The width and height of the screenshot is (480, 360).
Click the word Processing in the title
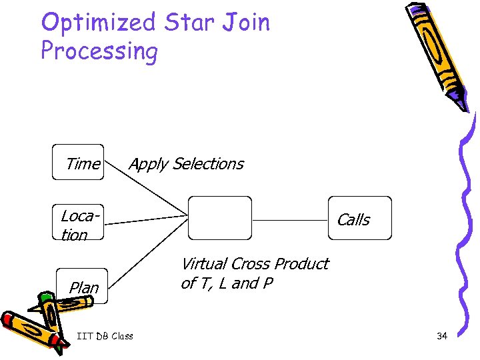pyautogui.click(x=99, y=51)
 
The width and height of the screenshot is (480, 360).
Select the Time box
pyautogui.click(x=78, y=163)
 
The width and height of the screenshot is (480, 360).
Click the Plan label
pyautogui.click(x=84, y=288)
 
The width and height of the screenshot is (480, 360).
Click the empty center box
pyautogui.click(x=220, y=217)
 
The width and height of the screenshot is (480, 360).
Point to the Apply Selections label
pyautogui.click(x=186, y=164)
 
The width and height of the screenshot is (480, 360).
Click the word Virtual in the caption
pyautogui.click(x=205, y=264)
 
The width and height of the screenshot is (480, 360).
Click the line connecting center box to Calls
pyautogui.click(x=290, y=219)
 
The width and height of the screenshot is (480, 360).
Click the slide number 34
pyautogui.click(x=441, y=336)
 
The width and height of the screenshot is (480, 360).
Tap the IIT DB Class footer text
pyautogui.click(x=105, y=336)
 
